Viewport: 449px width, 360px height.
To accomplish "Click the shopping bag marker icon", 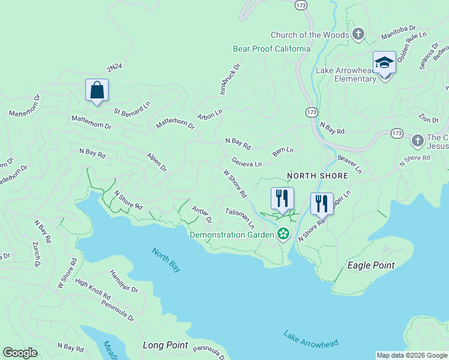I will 97,91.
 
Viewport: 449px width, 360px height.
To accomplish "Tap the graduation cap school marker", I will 384,62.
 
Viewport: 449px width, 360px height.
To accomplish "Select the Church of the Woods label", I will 310,35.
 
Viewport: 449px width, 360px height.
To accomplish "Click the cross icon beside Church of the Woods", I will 358,34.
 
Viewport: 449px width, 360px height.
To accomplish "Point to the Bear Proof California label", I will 271,49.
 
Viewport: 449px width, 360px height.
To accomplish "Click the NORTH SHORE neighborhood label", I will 317,176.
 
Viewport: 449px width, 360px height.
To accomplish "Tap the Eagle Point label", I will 371,265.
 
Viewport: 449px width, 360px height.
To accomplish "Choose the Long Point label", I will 165,346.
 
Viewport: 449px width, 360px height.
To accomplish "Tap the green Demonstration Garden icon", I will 283,235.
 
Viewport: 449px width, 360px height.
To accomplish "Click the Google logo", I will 20,353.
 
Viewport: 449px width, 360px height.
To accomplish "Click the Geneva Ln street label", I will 247,163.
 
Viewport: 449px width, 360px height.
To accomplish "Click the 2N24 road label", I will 114,65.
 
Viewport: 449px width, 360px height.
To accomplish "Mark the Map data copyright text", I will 411,355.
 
